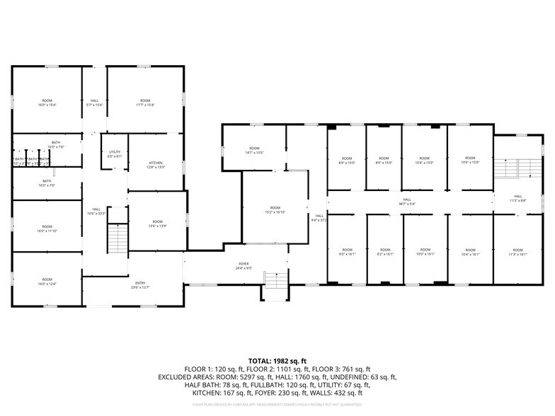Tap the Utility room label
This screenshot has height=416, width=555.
[115, 154]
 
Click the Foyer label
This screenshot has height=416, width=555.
[243, 267]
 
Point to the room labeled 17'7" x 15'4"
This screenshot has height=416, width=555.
[145, 103]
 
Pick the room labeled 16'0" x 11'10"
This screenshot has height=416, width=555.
[47, 229]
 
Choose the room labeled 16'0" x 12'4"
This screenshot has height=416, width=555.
[47, 282]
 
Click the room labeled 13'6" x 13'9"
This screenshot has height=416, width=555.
[157, 224]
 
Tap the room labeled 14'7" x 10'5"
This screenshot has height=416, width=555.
[254, 151]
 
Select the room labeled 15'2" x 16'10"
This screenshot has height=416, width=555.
[275, 210]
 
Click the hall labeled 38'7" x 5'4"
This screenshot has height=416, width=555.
[407, 202]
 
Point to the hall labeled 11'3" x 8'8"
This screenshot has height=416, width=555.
[518, 198]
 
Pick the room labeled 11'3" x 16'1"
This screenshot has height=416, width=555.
[517, 252]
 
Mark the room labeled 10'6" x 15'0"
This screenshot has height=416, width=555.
[469, 161]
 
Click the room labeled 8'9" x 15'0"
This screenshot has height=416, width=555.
[347, 161]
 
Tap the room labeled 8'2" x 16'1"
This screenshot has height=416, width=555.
[384, 252]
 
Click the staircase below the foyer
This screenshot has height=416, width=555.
[275, 287]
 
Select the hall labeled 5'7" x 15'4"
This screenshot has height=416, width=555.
[95, 103]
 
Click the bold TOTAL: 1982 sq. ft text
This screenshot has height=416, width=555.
[277, 361]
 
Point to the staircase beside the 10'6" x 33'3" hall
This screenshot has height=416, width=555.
[116, 238]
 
